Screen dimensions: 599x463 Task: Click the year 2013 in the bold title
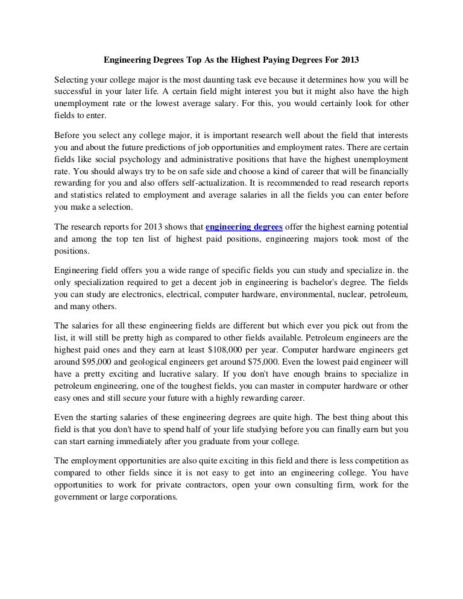coord(349,61)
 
